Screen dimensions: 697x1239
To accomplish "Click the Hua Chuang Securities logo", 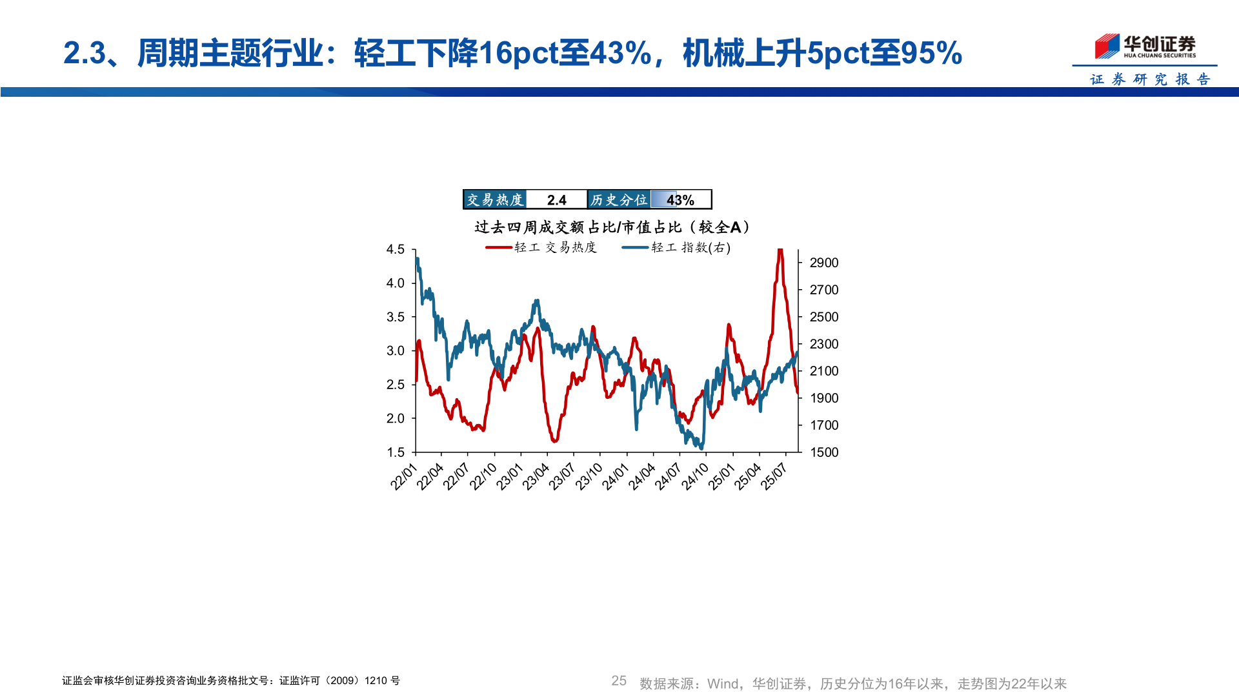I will tap(1145, 46).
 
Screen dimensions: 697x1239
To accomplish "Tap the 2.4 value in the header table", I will tap(556, 200).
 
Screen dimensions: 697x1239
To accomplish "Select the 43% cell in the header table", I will tap(680, 200).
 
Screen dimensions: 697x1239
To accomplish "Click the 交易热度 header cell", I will tap(495, 200).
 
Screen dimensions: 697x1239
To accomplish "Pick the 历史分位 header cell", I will tap(619, 200).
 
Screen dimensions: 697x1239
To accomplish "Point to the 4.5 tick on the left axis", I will tap(396, 250).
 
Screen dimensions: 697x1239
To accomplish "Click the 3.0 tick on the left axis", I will tap(396, 351).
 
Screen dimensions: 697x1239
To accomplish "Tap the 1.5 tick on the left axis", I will tap(396, 452).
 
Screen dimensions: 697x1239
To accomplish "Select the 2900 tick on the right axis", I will tap(824, 263).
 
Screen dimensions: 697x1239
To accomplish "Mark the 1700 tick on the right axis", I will tap(824, 425).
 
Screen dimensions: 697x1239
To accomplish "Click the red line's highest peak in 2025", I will tap(780, 251).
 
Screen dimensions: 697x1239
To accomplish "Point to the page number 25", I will tap(619, 681).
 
